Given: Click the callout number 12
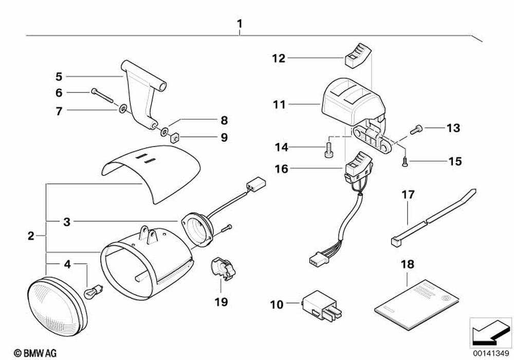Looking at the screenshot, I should [x=279, y=58].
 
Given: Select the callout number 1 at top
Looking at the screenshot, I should [x=239, y=24].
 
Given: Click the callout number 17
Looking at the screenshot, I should [x=408, y=195].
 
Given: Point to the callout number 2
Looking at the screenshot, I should [x=31, y=237].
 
